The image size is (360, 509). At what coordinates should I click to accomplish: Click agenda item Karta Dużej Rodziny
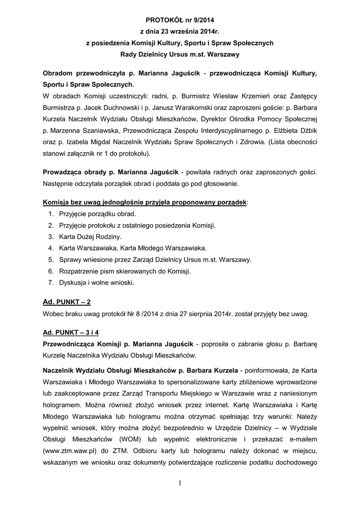(90, 237)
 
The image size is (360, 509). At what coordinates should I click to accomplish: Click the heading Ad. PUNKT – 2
(67, 302)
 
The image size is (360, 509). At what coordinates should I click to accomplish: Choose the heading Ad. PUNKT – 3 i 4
(74, 332)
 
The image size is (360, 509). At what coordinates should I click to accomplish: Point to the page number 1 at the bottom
(180, 484)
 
